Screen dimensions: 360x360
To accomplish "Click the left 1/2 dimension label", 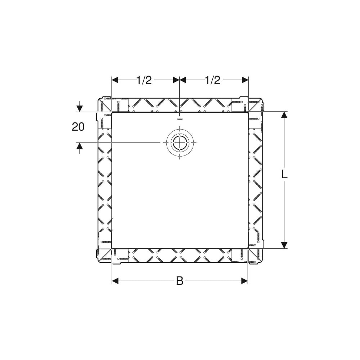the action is (x=144, y=80).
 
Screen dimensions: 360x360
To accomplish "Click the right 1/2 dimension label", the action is (x=212, y=80).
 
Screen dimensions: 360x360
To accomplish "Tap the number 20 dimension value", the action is (x=78, y=127).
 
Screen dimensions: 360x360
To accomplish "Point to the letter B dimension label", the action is (x=180, y=280).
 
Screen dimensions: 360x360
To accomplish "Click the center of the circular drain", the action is (x=180, y=143).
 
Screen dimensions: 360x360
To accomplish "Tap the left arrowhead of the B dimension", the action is (x=115, y=280).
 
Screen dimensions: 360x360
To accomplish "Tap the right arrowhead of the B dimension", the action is (x=245, y=280).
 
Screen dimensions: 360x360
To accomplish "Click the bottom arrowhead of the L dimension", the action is (x=284, y=245).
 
